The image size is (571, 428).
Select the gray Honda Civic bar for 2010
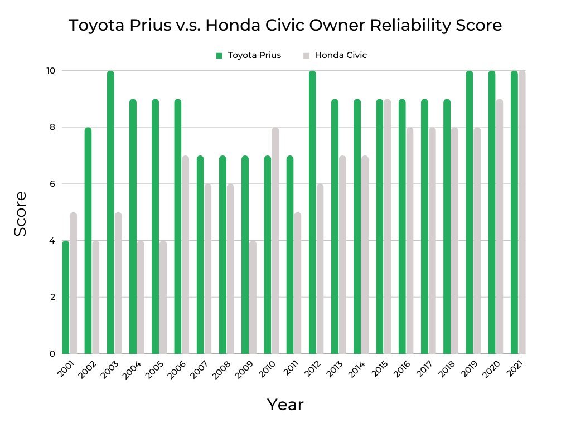pyautogui.click(x=275, y=240)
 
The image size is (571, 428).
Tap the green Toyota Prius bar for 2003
pyautogui.click(x=110, y=212)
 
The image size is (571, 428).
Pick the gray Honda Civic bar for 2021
pyautogui.click(x=522, y=212)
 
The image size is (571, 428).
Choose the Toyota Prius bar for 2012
pyautogui.click(x=312, y=212)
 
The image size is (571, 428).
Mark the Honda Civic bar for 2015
pyautogui.click(x=387, y=226)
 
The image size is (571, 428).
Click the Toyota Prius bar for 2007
pyautogui.click(x=200, y=255)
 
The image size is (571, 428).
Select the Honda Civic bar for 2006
pyautogui.click(x=185, y=255)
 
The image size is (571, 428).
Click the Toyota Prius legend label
pyautogui.click(x=254, y=55)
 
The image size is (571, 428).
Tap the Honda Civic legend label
pyautogui.click(x=341, y=55)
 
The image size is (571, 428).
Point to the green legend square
pyautogui.click(x=219, y=55)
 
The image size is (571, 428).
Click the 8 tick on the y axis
pyautogui.click(x=51, y=127)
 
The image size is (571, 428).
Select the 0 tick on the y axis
pyautogui.click(x=51, y=354)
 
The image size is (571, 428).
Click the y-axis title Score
pyautogui.click(x=20, y=213)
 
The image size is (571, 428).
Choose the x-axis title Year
pyautogui.click(x=285, y=405)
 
